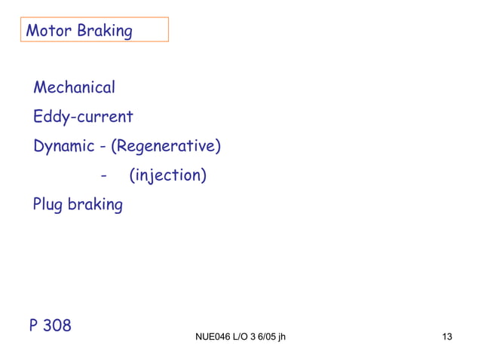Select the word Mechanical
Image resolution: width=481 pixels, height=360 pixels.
coord(74,87)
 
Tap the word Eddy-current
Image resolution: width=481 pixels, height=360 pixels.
coord(83,117)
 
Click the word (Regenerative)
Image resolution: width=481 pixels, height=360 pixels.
coord(166,146)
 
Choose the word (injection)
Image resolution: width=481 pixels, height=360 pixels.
coord(167,175)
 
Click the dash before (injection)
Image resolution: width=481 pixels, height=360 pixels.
coord(103,176)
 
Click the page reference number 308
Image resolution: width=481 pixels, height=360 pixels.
coord(57,325)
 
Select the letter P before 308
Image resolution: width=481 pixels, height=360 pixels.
coord(34,325)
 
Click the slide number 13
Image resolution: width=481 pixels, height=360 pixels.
coord(446,337)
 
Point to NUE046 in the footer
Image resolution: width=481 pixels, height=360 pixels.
coord(211,337)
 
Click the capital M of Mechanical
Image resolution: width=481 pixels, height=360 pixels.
coord(40,87)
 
